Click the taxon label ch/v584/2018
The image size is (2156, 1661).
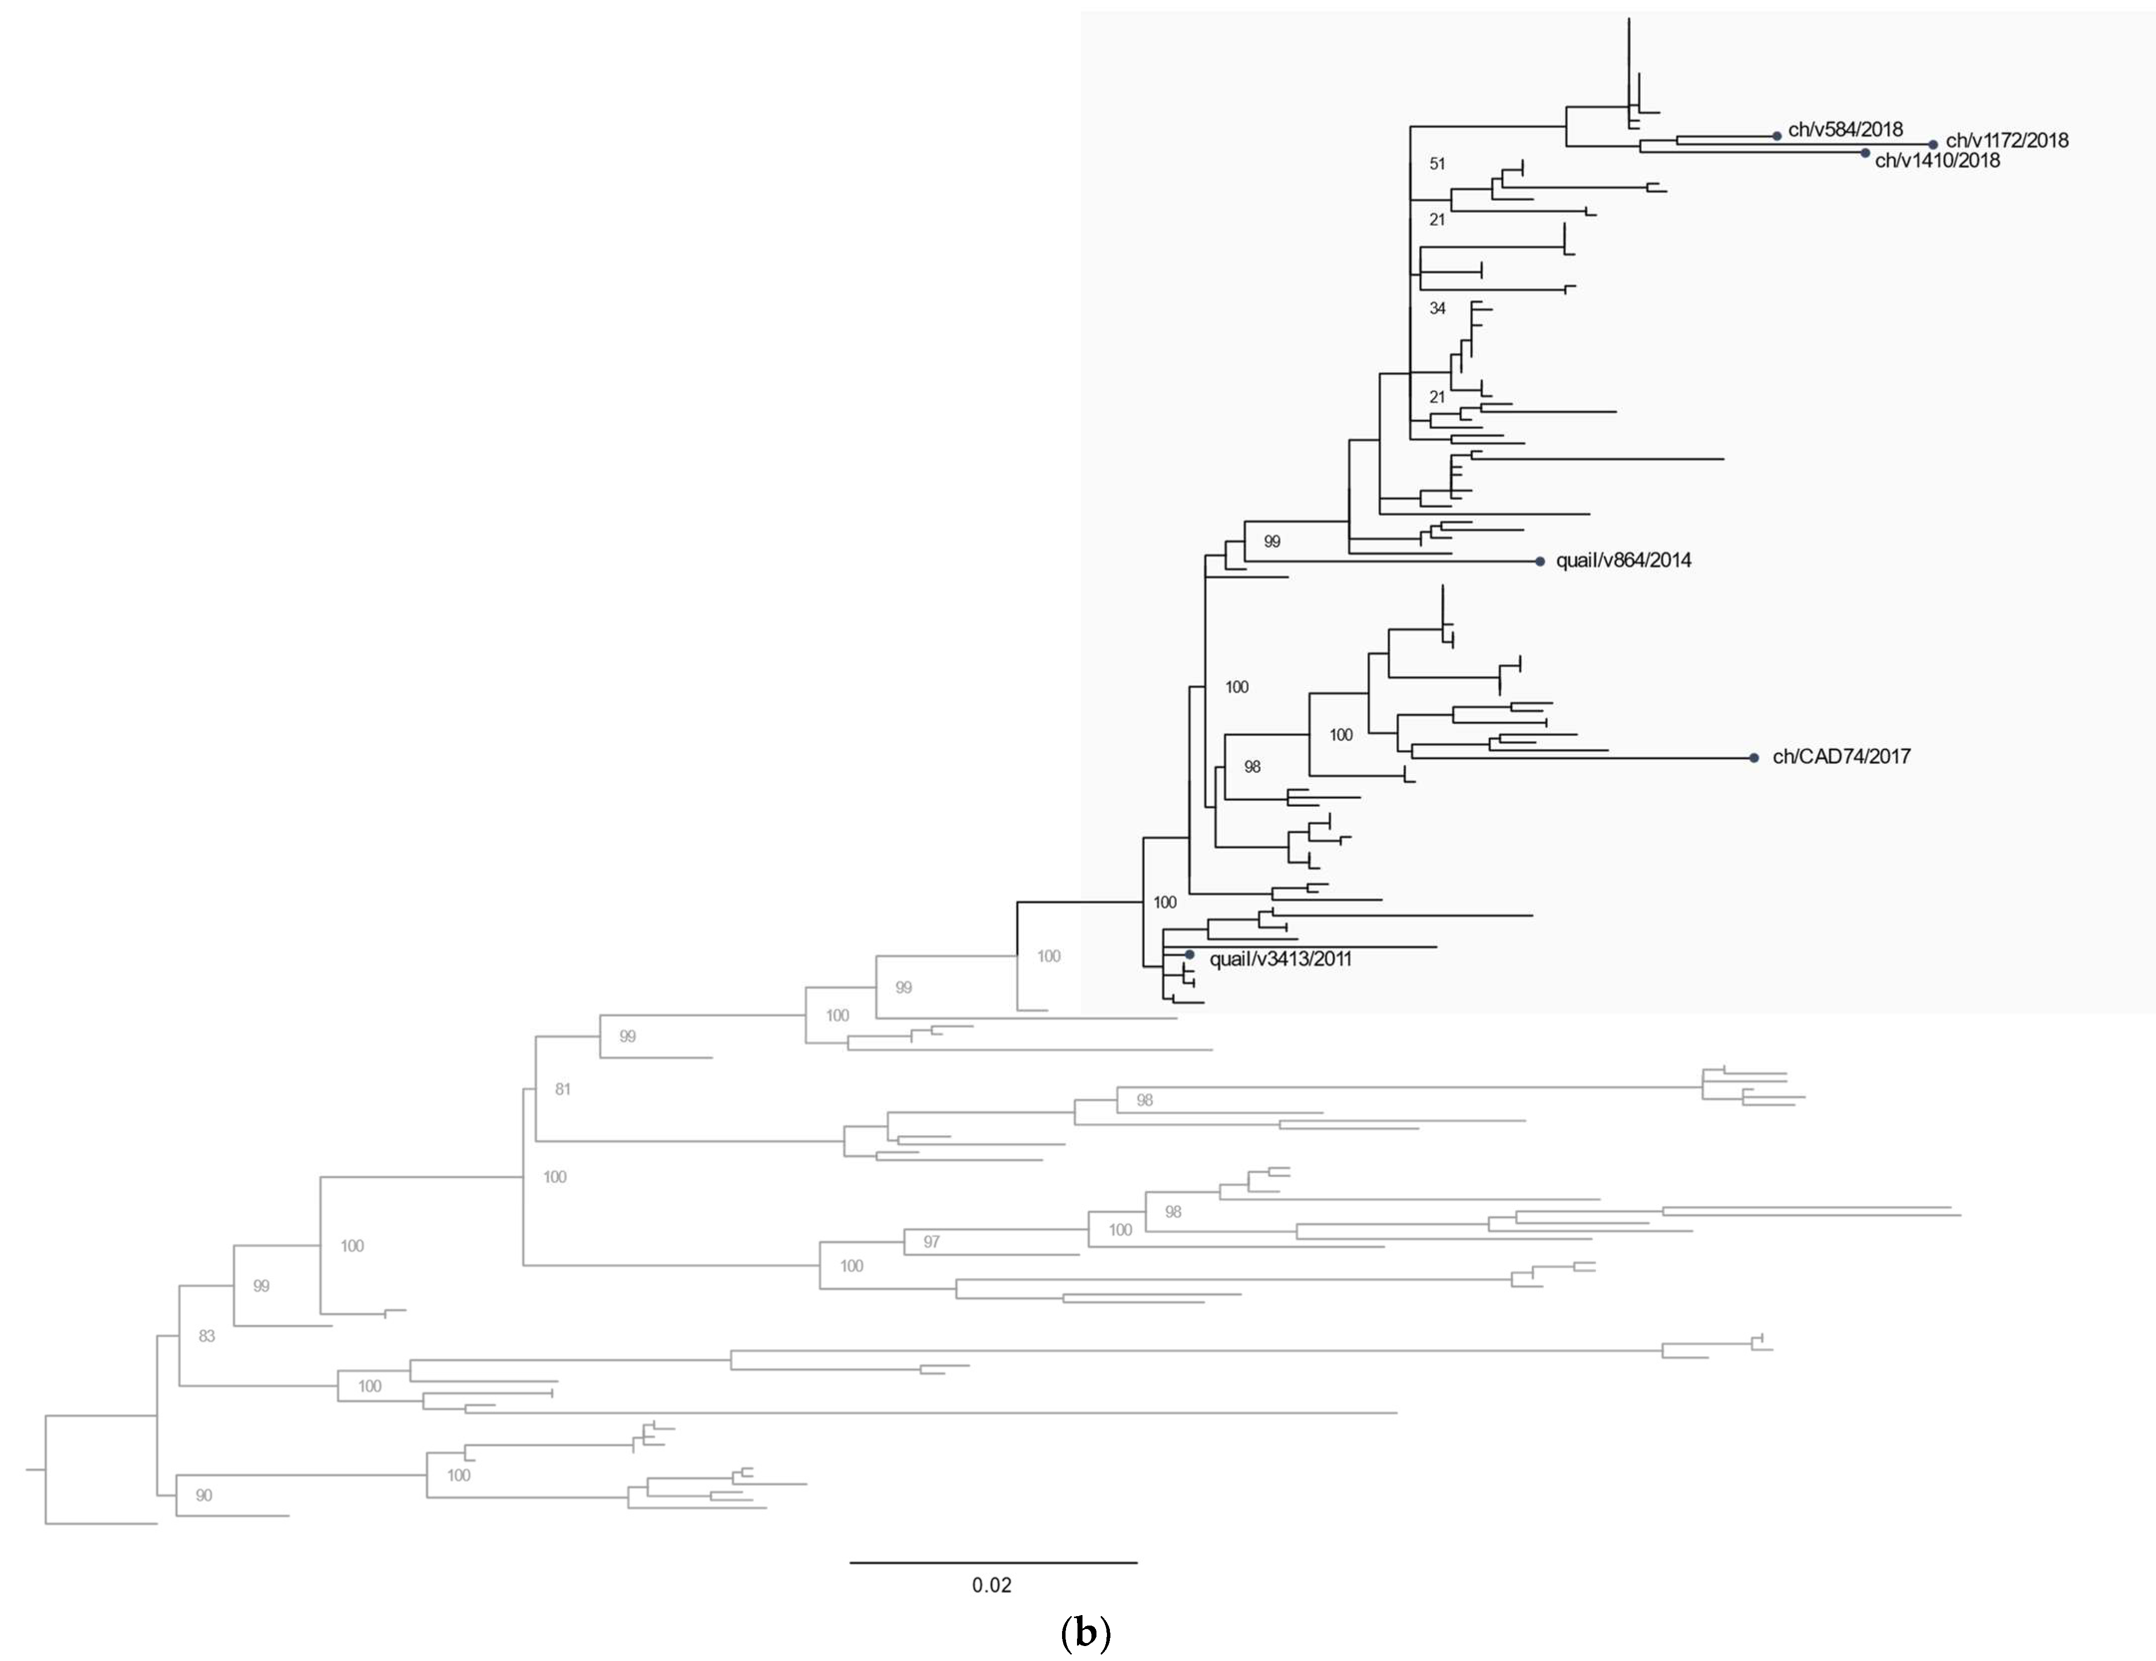pyautogui.click(x=1845, y=129)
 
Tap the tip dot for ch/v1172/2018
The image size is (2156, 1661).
pyautogui.click(x=1933, y=144)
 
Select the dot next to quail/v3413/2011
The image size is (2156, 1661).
pyautogui.click(x=1190, y=955)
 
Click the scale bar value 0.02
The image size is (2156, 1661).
pyautogui.click(x=991, y=1585)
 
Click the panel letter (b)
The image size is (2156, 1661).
pyautogui.click(x=1085, y=1634)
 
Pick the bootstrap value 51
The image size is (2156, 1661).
pyautogui.click(x=1437, y=164)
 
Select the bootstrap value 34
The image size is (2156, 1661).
pyautogui.click(x=1437, y=309)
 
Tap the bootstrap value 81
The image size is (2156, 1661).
pyautogui.click(x=563, y=1089)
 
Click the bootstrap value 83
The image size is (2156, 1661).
pyautogui.click(x=207, y=1336)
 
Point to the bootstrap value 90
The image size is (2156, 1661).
pyautogui.click(x=204, y=1495)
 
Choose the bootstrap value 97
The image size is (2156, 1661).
pyautogui.click(x=931, y=1242)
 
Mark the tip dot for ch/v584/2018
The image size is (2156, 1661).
pyautogui.click(x=1777, y=135)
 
